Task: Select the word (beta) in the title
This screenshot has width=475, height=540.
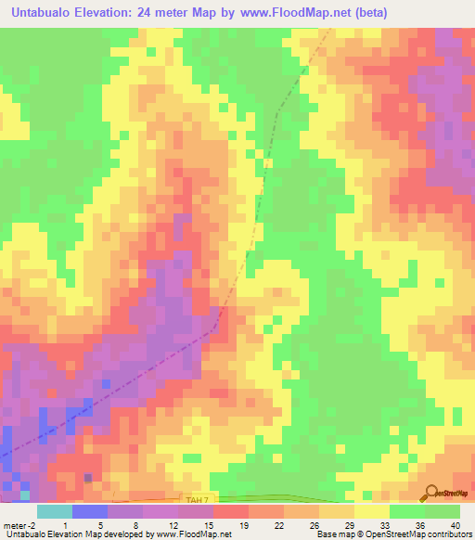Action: tap(368, 12)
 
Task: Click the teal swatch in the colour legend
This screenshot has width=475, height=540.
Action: tap(54, 511)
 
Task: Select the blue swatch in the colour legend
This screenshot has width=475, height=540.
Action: tap(89, 511)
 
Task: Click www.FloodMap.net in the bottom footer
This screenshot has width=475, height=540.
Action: tap(195, 534)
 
